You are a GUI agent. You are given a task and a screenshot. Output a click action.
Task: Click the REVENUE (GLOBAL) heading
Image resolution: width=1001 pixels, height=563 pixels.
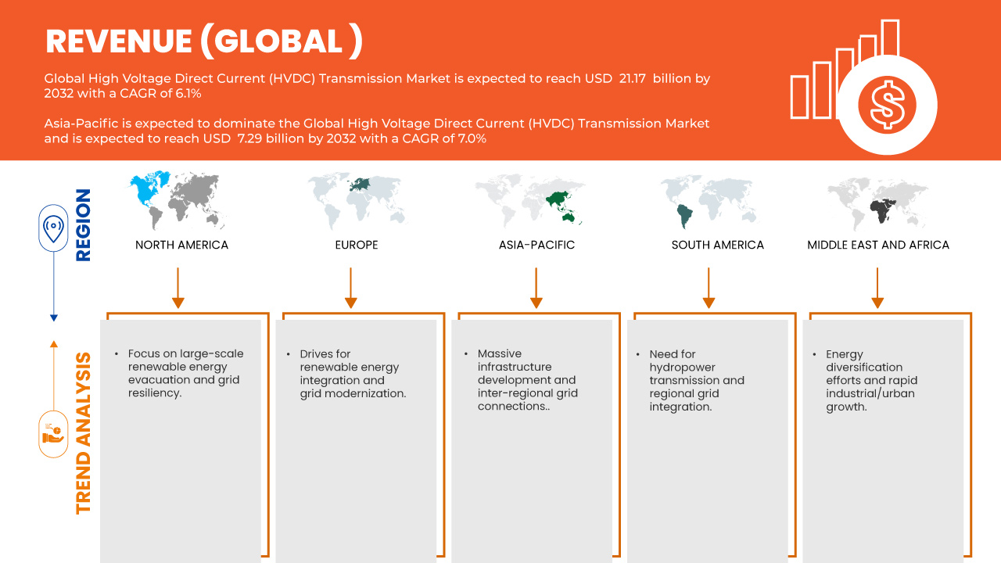point(203,41)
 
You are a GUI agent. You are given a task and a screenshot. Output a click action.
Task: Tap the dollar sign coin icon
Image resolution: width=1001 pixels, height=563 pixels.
point(887,104)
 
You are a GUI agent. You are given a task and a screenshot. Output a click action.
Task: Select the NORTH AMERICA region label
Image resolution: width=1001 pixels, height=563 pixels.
point(181,245)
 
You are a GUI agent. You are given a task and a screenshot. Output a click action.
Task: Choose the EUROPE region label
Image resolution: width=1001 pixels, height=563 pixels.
point(356,245)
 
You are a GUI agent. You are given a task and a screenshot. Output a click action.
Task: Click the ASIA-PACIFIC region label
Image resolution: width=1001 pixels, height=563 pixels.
point(536,245)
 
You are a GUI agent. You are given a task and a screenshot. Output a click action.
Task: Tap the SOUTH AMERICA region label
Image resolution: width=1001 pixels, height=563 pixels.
point(717,245)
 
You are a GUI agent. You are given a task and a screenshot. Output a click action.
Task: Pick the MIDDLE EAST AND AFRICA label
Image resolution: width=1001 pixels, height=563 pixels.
point(878,245)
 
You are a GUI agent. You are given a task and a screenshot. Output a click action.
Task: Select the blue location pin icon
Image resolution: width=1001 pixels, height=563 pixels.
point(53,228)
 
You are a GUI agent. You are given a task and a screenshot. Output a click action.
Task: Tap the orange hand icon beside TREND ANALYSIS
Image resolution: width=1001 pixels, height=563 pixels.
point(53,433)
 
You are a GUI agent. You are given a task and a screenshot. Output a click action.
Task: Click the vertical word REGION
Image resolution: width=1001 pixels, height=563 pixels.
point(83,224)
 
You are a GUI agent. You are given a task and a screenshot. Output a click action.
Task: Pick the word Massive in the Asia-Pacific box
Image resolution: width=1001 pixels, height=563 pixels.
point(500,353)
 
